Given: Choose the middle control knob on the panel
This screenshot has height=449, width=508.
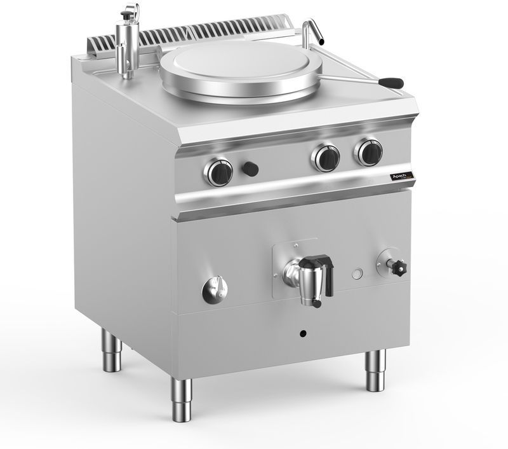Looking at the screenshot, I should coord(327,157).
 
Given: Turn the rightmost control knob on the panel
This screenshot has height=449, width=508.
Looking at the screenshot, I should coord(368,151).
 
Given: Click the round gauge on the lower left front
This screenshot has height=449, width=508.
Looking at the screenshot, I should coord(215,290).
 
